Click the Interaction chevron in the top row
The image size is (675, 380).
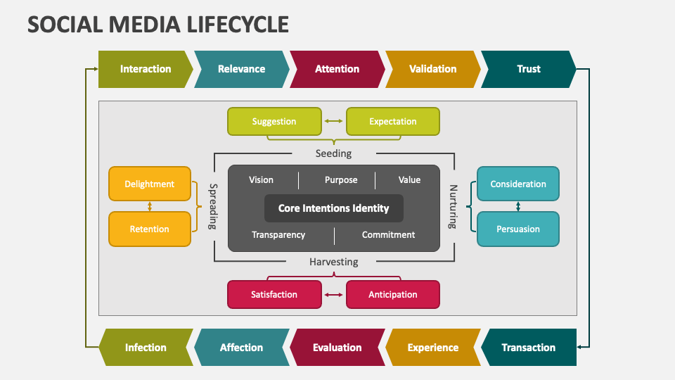145,69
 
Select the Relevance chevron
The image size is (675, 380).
241,69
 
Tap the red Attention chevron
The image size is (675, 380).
337,69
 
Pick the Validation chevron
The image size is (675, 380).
432,69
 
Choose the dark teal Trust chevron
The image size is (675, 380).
528,69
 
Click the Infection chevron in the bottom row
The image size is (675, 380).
146,348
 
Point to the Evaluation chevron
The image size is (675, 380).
337,348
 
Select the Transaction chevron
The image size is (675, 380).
528,348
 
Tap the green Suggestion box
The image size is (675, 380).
274,122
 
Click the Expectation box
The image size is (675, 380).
392,122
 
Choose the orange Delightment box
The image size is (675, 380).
149,184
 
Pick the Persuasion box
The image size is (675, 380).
518,229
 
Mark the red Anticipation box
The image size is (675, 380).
392,295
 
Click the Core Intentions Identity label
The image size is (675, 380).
333,208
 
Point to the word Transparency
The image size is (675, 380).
278,235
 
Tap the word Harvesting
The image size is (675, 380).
333,262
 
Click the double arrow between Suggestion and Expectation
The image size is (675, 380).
333,122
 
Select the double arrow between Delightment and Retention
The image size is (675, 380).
149,206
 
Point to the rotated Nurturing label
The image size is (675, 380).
454,207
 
